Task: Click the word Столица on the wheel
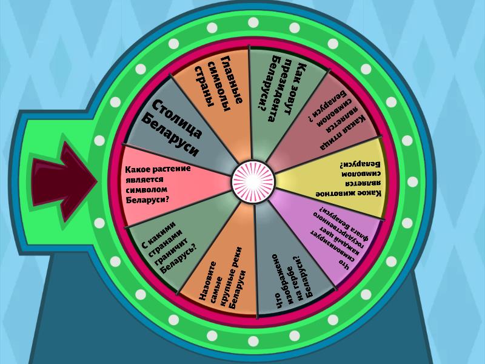click(x=178, y=119)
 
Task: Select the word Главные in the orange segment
click(x=232, y=79)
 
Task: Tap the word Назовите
click(x=206, y=281)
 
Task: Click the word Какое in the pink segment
click(x=135, y=170)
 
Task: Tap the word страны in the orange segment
click(x=204, y=87)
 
